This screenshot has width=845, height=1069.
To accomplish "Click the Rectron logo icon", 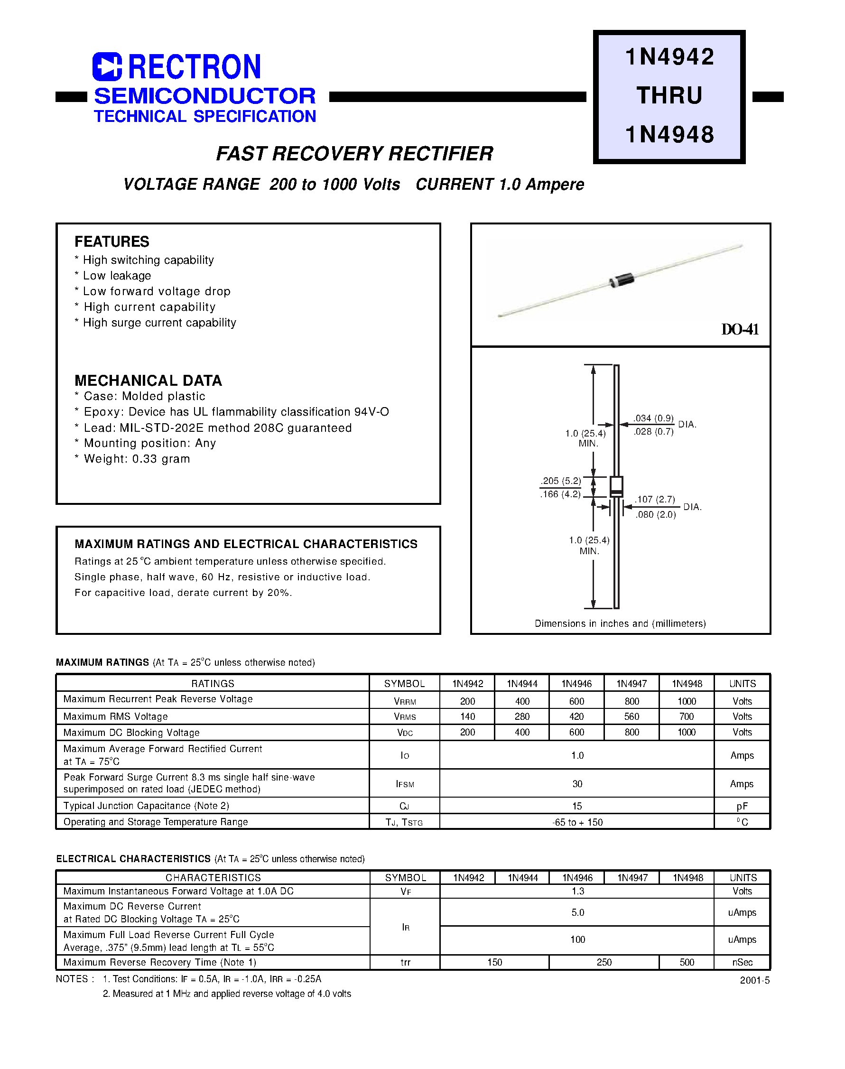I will tap(107, 66).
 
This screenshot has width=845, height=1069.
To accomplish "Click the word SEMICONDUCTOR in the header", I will tap(205, 96).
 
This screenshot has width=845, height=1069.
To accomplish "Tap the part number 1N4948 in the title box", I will tap(669, 135).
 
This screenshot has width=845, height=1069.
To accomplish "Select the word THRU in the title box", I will tap(669, 95).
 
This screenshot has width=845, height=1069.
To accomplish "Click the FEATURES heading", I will tap(112, 242).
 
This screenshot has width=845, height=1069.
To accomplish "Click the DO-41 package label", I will tap(740, 329).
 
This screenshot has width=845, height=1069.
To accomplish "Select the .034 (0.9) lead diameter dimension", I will tap(653, 418).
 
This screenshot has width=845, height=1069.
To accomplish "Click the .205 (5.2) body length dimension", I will tap(560, 481).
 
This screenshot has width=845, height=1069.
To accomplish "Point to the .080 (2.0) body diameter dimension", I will tap(656, 514).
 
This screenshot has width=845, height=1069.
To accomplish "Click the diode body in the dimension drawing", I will tap(616, 486).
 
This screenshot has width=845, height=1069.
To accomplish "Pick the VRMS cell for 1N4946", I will tap(576, 716).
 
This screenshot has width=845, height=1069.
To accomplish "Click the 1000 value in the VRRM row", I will tap(687, 701).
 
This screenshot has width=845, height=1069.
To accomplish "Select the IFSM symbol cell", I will tap(405, 784).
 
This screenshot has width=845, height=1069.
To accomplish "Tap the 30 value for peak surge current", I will tap(577, 783).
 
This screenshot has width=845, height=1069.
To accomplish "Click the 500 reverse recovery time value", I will tap(687, 962).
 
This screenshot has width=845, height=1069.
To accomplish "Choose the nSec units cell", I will tap(742, 962).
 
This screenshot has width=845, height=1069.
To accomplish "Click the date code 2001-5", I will tap(754, 980).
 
